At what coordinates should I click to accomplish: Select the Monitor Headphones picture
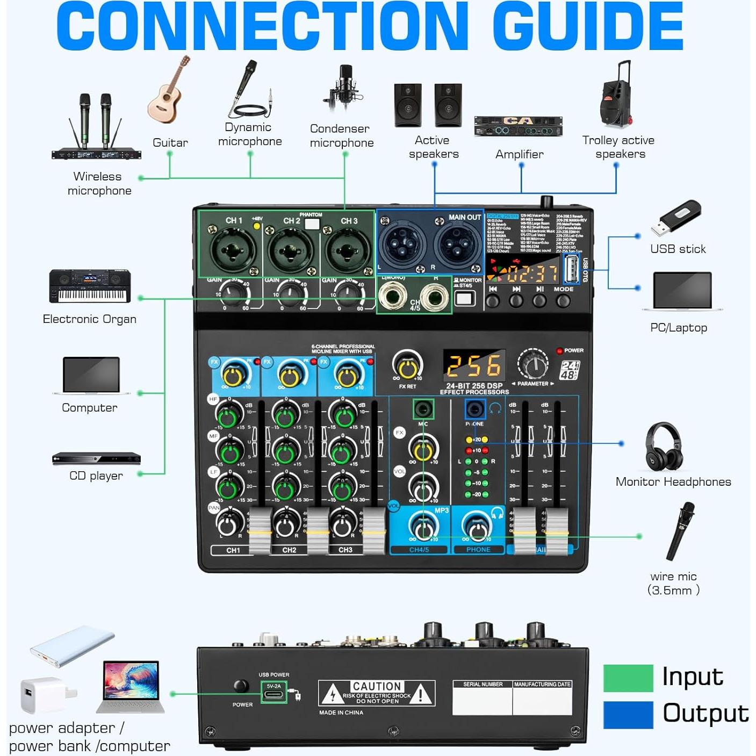(664, 447)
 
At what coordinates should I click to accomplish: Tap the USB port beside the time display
(571, 269)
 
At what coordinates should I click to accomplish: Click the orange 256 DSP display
(474, 366)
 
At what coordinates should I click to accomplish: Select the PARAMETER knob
(533, 365)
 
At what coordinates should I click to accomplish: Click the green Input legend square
(628, 678)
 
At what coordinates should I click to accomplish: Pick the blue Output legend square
(628, 715)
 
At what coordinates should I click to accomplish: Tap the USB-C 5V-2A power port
(274, 693)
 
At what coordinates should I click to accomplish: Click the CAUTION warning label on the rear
(377, 693)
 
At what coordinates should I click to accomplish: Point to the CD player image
(96, 459)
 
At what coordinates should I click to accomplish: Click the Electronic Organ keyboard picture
(90, 286)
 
